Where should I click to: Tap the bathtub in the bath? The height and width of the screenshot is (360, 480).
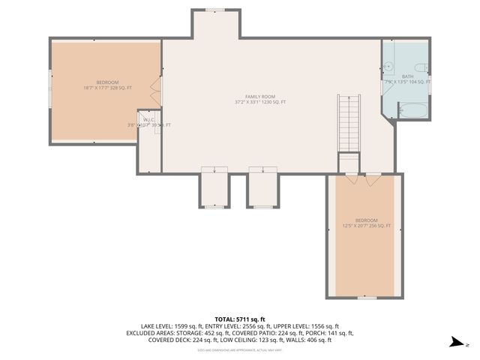point(410,110)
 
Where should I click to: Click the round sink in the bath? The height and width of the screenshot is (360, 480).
point(388,66)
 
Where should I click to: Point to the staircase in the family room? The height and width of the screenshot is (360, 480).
point(348,123)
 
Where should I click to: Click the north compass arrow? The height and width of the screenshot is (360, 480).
point(454,343)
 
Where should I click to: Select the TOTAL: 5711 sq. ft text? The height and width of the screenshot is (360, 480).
point(240,319)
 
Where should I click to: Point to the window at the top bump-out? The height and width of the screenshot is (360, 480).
point(216,10)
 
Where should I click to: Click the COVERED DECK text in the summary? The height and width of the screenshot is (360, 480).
point(172,340)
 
